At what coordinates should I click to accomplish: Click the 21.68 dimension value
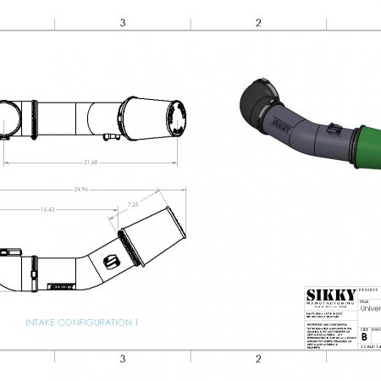click(x=89, y=162)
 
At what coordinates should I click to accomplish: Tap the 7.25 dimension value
click(x=133, y=205)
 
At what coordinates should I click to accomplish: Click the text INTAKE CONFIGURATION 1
click(x=81, y=323)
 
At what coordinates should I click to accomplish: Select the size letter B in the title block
click(x=364, y=336)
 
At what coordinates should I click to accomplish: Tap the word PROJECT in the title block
click(x=370, y=289)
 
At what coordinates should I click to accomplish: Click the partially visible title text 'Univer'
click(x=370, y=309)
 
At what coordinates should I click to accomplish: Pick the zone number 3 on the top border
click(x=123, y=23)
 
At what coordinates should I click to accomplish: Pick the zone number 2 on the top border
click(x=257, y=23)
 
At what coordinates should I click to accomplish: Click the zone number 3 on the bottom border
click(x=123, y=358)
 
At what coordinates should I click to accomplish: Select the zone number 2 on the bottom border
click(x=257, y=358)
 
